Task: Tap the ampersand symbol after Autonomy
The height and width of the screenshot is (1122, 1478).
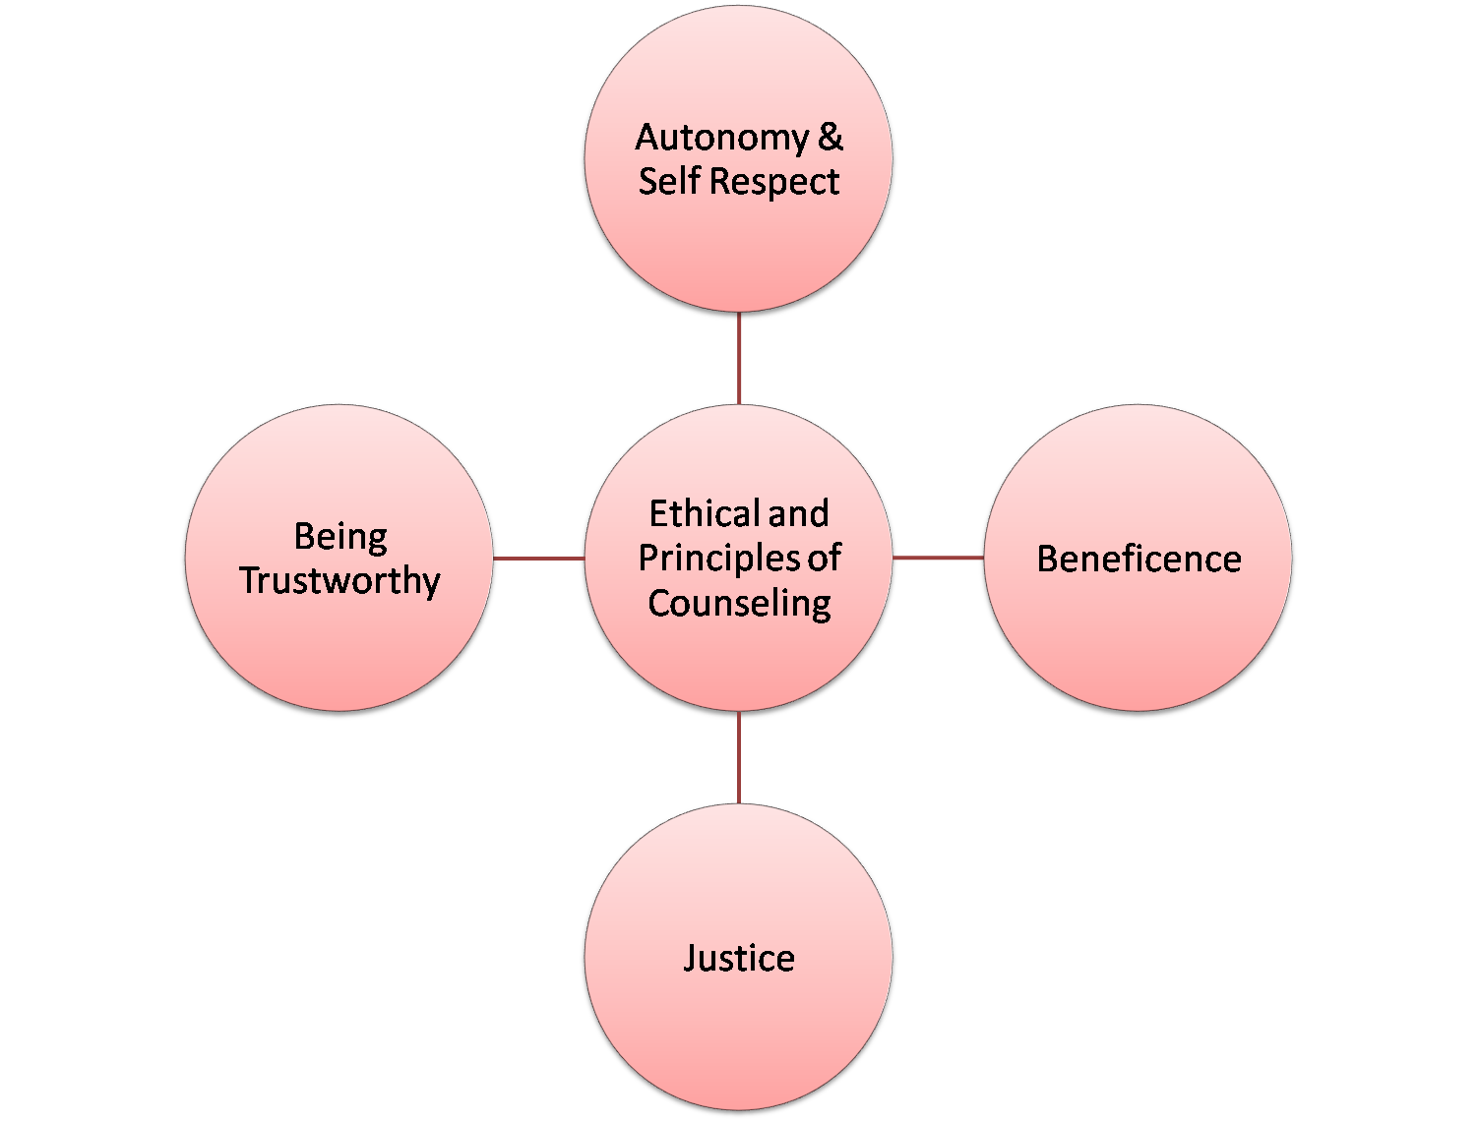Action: click(831, 138)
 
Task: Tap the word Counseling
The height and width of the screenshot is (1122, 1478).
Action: click(739, 603)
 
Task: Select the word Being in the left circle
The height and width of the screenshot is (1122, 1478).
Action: click(340, 537)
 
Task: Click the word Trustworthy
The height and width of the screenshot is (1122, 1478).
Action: click(339, 580)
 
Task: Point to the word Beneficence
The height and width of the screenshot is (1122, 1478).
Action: click(1139, 560)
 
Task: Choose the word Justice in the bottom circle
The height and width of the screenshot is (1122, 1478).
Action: click(739, 958)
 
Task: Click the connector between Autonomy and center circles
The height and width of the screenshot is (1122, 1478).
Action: click(739, 359)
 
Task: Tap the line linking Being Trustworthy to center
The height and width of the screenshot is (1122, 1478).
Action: click(538, 559)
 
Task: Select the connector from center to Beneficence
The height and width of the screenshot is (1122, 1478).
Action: click(938, 559)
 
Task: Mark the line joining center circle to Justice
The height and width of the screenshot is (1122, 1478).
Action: click(739, 757)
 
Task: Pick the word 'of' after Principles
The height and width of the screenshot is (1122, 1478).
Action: click(825, 559)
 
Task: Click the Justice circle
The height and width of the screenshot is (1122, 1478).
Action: click(739, 1033)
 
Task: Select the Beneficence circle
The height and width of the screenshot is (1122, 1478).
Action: click(1139, 639)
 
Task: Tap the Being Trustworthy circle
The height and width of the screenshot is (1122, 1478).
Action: click(339, 649)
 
